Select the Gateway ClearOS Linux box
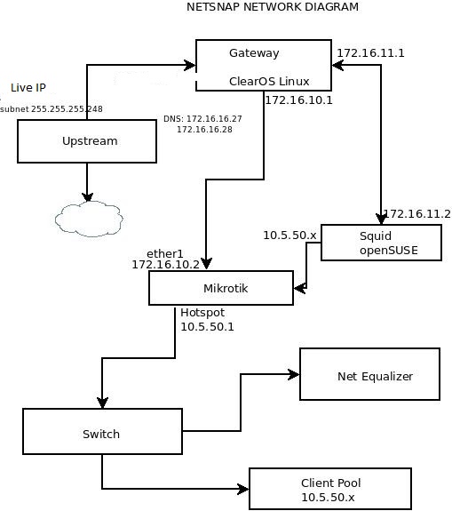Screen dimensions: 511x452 [265, 66]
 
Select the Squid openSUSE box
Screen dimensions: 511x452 [381, 242]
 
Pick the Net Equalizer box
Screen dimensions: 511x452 [369, 375]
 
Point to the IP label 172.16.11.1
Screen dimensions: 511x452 [370, 53]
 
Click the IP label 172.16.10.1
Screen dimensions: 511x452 [298, 100]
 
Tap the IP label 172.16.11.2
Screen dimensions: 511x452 [416, 214]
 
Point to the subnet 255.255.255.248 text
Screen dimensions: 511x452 [52, 109]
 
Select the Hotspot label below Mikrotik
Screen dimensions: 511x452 [202, 314]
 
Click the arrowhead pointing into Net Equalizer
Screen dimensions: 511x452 [293, 374]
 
